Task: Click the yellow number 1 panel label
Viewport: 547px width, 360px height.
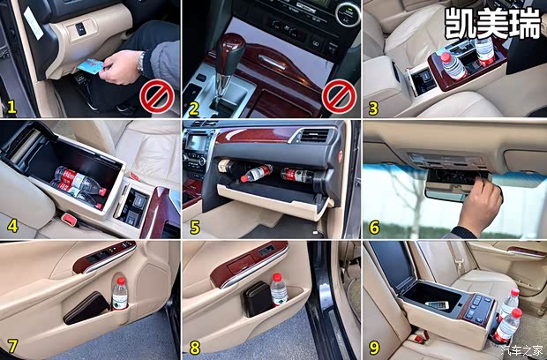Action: tap(11, 107)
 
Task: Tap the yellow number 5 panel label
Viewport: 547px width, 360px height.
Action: tap(195, 227)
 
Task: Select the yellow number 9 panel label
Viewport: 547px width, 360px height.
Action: tap(374, 347)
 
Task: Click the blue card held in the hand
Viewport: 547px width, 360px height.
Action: tap(90, 67)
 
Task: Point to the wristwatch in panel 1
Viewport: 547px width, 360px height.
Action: tap(141, 63)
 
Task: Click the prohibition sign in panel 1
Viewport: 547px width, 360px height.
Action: tap(157, 96)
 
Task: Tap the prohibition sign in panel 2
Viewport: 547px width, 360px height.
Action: tap(339, 96)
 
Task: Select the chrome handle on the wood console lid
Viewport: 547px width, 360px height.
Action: tap(273, 62)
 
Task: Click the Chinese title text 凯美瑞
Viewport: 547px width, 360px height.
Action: tap(493, 24)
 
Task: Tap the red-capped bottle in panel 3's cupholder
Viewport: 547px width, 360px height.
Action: tap(453, 65)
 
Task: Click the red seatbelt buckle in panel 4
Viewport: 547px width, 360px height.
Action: tap(70, 219)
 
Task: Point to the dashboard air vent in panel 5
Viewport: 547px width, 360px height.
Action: tap(315, 136)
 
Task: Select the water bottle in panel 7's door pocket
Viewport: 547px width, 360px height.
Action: tap(120, 294)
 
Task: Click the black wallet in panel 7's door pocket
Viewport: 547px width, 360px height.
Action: tap(86, 308)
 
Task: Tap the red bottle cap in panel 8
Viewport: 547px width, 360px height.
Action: tap(277, 277)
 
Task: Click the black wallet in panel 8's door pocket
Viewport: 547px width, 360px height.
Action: tap(259, 299)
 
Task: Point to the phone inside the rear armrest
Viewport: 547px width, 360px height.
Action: tap(437, 304)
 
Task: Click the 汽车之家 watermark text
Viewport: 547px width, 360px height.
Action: tap(522, 349)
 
